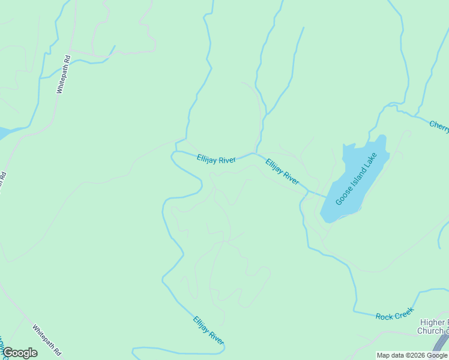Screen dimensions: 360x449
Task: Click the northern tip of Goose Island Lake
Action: (381, 137)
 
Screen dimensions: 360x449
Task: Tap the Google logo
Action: (20, 353)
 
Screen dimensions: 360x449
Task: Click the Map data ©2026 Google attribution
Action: (412, 355)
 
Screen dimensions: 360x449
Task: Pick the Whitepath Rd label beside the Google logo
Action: (46, 340)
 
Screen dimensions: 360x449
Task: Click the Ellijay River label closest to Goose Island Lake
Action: (282, 171)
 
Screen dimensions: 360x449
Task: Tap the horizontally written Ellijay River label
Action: (216, 159)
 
